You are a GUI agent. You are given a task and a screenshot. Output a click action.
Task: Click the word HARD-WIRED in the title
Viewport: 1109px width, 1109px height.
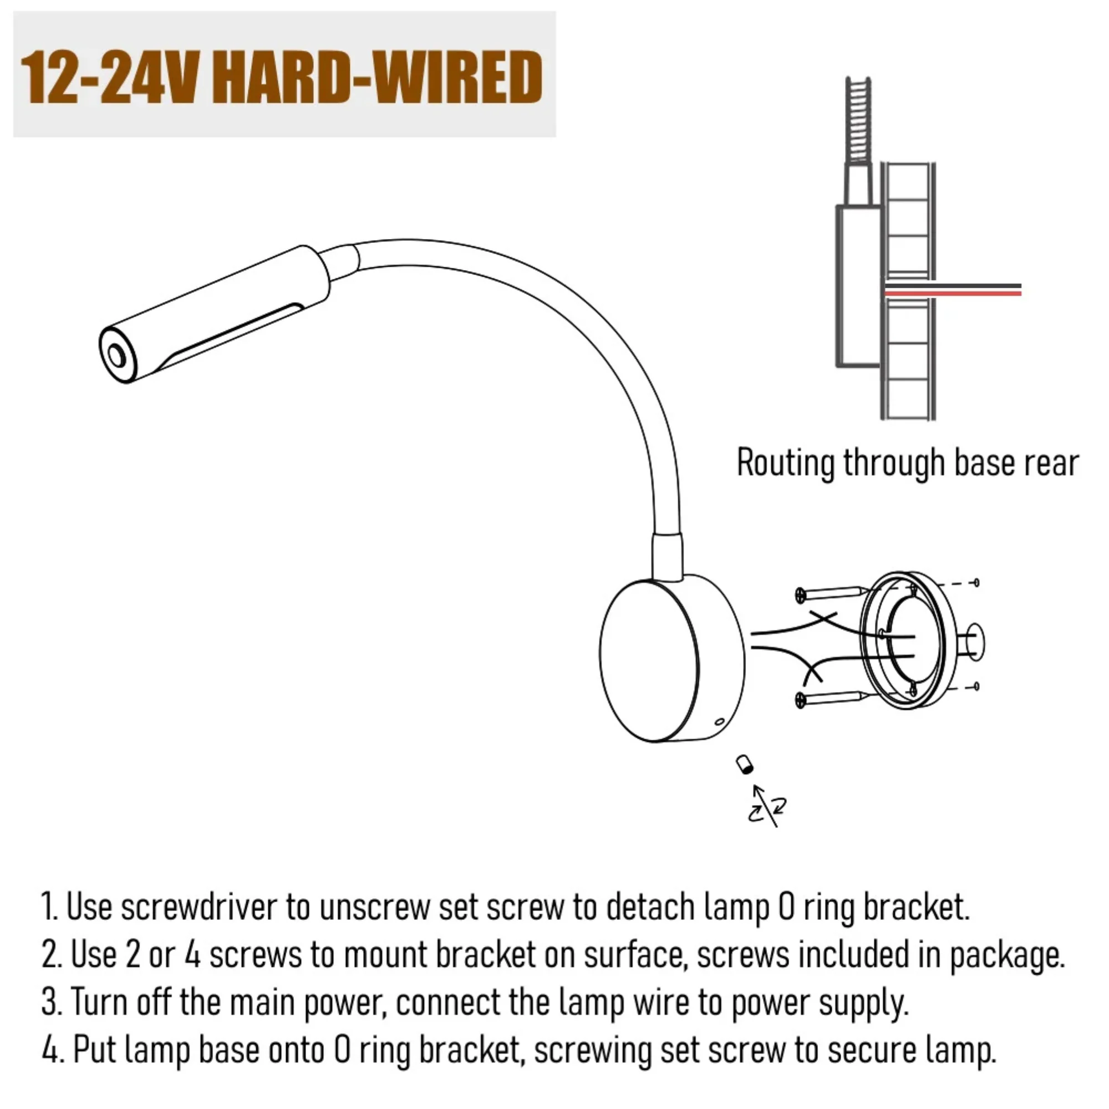point(380,78)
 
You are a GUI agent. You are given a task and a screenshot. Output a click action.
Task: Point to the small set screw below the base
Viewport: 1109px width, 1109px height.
point(745,765)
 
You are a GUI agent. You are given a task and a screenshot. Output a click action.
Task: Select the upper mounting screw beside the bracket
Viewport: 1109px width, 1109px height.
point(830,593)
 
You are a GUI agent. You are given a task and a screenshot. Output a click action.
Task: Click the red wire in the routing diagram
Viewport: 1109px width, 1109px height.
point(953,293)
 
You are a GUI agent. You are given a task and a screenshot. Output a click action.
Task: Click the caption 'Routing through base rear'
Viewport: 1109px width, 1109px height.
point(908,462)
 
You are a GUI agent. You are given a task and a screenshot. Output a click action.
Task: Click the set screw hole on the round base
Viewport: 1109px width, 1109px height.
point(718,722)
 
